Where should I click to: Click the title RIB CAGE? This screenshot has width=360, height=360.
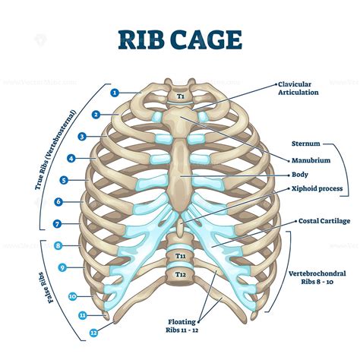point(180,39)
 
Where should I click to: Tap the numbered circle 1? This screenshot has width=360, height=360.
point(115,93)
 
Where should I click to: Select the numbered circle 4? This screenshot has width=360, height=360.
point(92,159)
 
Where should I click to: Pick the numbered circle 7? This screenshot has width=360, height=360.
point(78,224)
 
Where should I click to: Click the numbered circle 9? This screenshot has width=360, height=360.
point(84,267)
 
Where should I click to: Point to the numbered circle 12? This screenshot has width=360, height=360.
point(93,332)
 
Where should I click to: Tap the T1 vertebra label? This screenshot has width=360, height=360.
point(181,96)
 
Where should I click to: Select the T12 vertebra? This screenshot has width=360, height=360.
point(181,275)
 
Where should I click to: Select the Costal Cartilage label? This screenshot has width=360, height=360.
point(324,220)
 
